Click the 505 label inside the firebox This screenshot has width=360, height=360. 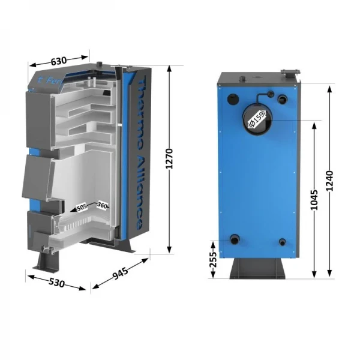click(82, 207)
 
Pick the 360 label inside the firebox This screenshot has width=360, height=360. click(101, 206)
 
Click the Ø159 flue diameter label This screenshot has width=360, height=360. click(256, 121)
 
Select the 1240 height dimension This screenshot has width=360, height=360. click(330, 181)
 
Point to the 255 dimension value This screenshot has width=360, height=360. click(213, 259)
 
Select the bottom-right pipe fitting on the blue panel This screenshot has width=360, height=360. click(283, 242)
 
